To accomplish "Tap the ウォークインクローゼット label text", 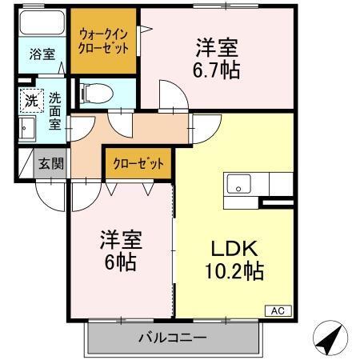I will pyautogui.click(x=102, y=41).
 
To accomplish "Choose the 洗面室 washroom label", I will pyautogui.click(x=54, y=112).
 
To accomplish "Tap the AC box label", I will pyautogui.click(x=278, y=310).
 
